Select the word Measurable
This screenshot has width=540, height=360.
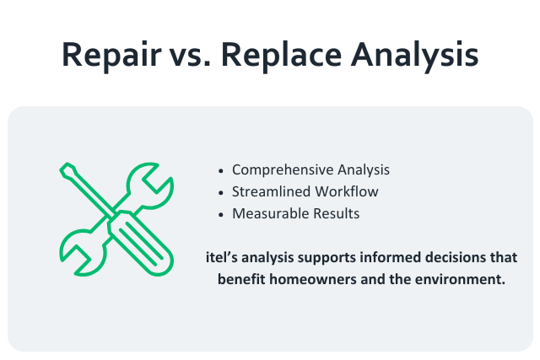coord(266,213)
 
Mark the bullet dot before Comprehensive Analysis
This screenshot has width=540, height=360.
coord(222,169)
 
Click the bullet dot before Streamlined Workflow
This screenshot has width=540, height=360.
coord(222,191)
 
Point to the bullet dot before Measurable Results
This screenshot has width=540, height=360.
coord(222,213)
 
